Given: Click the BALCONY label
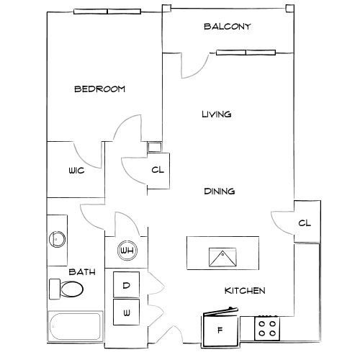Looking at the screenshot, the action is pos(228,26).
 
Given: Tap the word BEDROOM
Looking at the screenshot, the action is pos(100,89).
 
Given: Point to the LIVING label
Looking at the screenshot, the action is pos(217,114).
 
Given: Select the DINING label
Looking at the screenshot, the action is pos(220,192).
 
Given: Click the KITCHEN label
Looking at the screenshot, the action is pos(245,291).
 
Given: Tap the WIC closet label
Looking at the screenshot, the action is pos(76,171).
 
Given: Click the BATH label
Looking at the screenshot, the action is pos(82,272).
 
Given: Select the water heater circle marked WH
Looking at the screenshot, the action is pos(127,251).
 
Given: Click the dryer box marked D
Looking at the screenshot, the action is pos(126,285).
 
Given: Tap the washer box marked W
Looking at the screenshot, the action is pos(126,312).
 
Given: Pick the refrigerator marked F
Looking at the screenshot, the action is pos(220,329).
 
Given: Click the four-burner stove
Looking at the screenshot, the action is pos(267,328).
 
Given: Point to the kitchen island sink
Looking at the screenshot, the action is pos(222,257).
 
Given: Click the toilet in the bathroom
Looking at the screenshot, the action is pos(66,289).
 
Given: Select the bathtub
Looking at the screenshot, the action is pos(76,326).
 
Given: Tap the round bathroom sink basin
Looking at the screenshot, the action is pos(57,239).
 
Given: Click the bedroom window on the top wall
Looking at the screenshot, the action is pos(107,12).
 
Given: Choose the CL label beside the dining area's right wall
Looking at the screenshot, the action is pos(305,223).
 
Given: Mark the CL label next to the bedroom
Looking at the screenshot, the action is pos(158,170).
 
